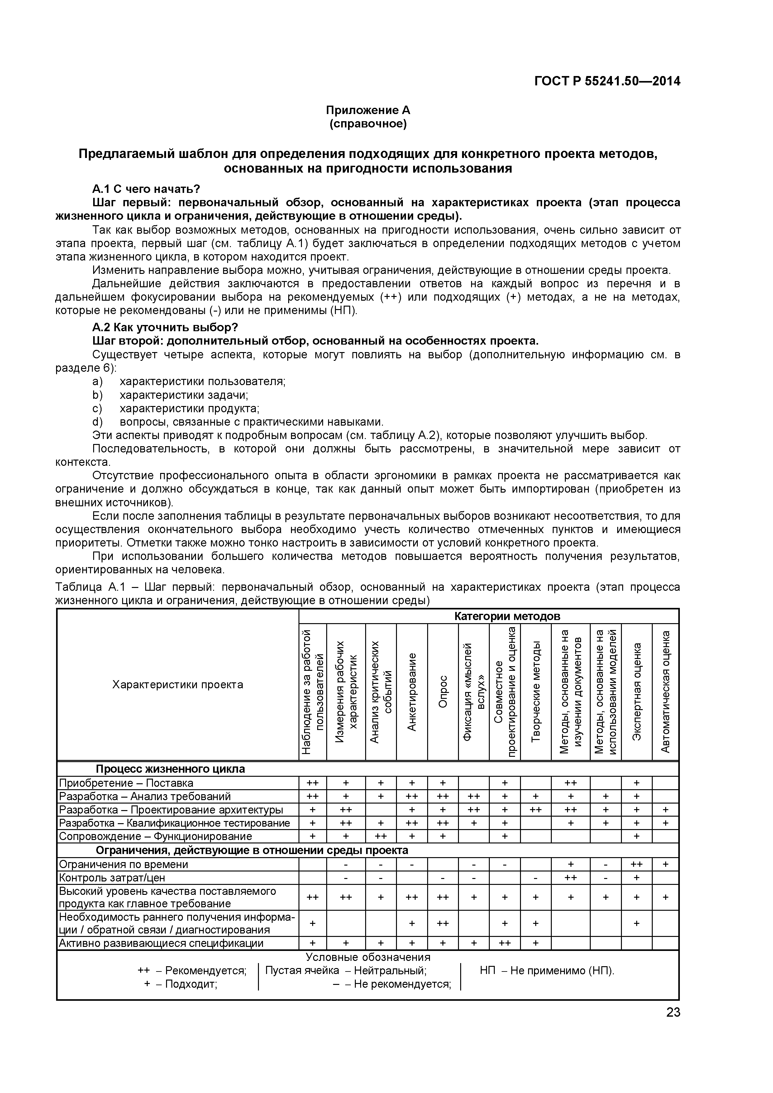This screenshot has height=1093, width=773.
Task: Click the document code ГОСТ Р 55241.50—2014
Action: [607, 81]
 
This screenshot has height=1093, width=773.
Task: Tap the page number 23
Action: [673, 1025]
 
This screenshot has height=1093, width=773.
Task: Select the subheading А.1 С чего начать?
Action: [146, 189]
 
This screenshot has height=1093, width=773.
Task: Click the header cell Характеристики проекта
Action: [178, 685]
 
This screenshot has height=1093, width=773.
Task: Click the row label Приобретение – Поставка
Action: [126, 783]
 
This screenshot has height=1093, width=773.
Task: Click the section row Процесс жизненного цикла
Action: [170, 769]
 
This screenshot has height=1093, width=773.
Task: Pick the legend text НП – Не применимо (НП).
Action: [547, 971]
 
